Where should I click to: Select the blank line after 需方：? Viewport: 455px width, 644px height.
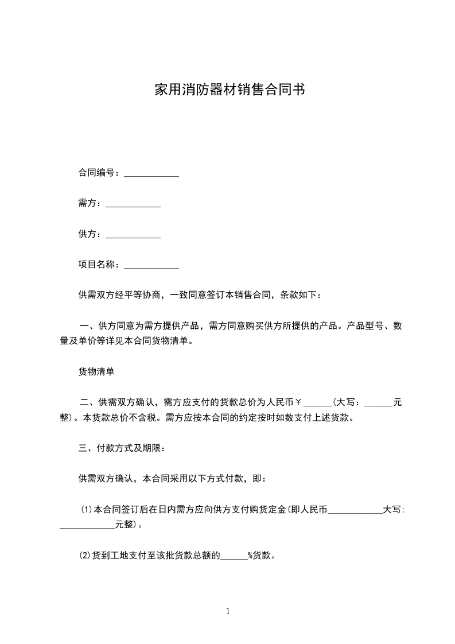click(x=133, y=204)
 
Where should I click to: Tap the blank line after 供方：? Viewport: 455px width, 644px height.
click(x=133, y=235)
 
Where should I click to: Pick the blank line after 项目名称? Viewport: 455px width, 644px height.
click(x=151, y=265)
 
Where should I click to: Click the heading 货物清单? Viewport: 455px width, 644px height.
click(x=96, y=371)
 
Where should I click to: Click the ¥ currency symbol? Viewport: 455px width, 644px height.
click(x=306, y=402)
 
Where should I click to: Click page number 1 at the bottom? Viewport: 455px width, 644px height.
click(x=228, y=611)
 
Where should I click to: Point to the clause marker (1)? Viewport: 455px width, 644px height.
click(x=86, y=509)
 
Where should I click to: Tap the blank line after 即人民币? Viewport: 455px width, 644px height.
click(x=355, y=510)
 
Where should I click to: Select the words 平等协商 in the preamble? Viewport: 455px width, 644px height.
click(x=143, y=295)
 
